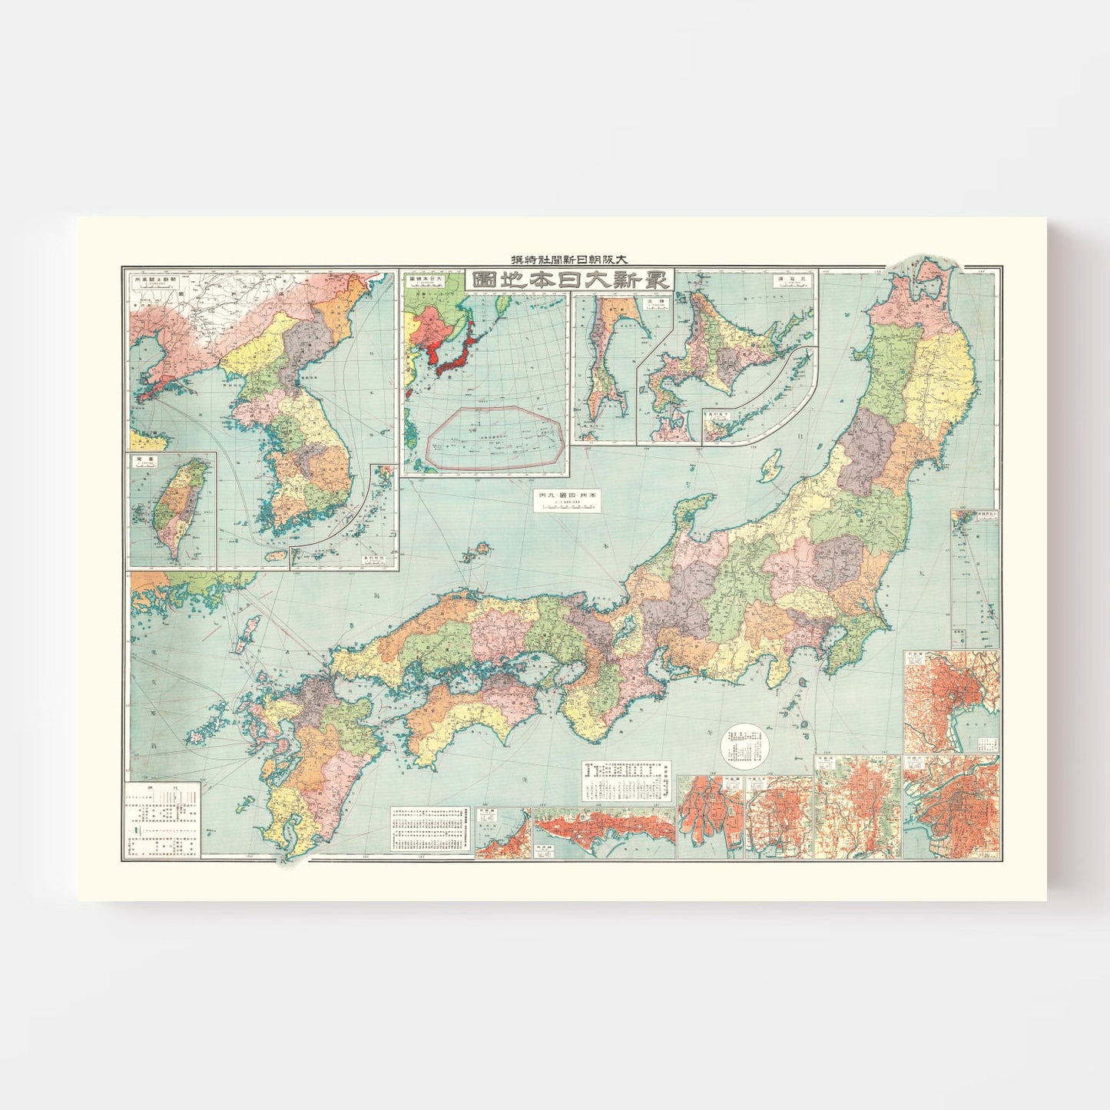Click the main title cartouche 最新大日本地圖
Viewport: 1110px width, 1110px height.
(x=569, y=279)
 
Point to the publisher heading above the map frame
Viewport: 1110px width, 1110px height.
(x=569, y=259)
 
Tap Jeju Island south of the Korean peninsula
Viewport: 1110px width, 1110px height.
(x=276, y=555)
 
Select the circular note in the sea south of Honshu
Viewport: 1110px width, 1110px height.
(x=744, y=746)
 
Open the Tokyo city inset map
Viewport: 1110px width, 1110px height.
(x=951, y=701)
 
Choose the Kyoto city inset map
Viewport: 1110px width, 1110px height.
(x=857, y=807)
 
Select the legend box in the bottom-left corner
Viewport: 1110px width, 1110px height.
(x=163, y=820)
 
